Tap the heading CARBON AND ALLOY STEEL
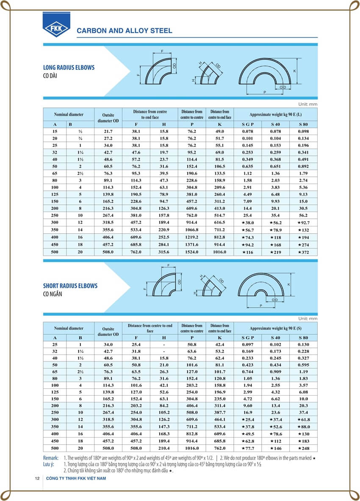tap(124, 30)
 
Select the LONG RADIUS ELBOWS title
tap(69, 67)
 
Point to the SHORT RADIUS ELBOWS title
tap(70, 286)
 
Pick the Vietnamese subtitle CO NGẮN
tap(53, 294)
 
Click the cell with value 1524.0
tap(192, 252)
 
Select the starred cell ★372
tap(303, 252)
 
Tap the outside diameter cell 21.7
tap(108, 132)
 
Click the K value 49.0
tap(219, 132)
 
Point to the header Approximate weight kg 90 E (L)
tap(275, 115)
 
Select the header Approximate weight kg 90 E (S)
tap(275, 328)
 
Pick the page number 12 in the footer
tap(37, 478)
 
